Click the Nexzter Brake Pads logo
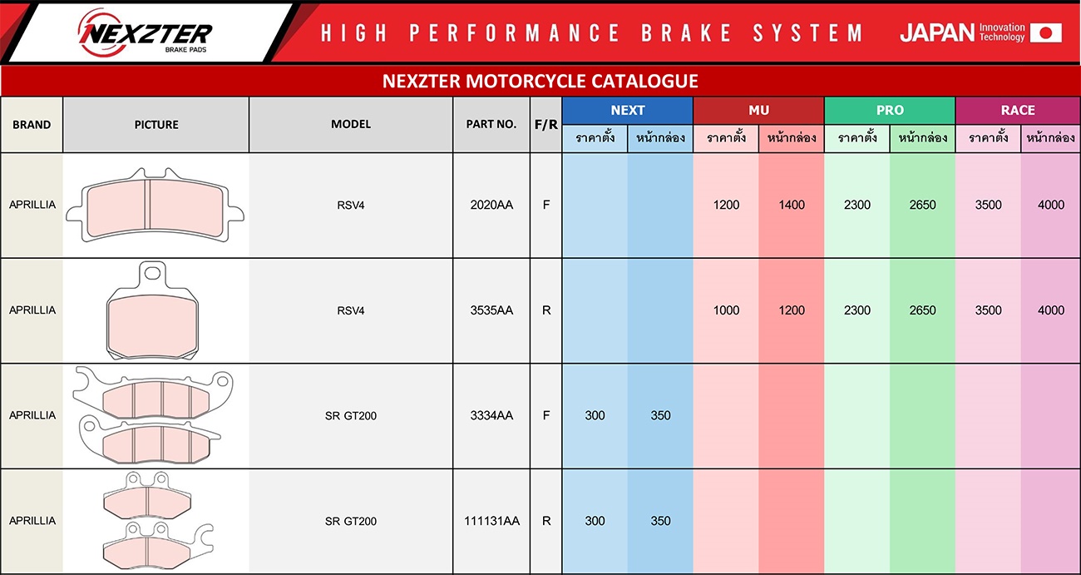pos(145,32)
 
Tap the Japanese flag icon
pos(1046,32)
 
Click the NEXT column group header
pos(627,111)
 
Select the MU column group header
pos(758,111)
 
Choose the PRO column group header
pos(890,111)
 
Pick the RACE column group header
pos(1018,111)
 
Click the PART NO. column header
pos(491,125)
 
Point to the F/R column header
pos(545,125)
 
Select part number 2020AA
pos(491,205)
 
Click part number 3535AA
pos(491,310)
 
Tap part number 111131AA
pos(491,521)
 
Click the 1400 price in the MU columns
pos(792,205)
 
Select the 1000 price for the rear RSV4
pos(726,310)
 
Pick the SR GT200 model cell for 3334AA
pos(351,416)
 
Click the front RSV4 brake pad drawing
pos(155,206)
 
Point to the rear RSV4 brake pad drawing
pos(152,310)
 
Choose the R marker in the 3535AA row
pos(545,310)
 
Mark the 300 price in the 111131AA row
pos(595,521)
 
